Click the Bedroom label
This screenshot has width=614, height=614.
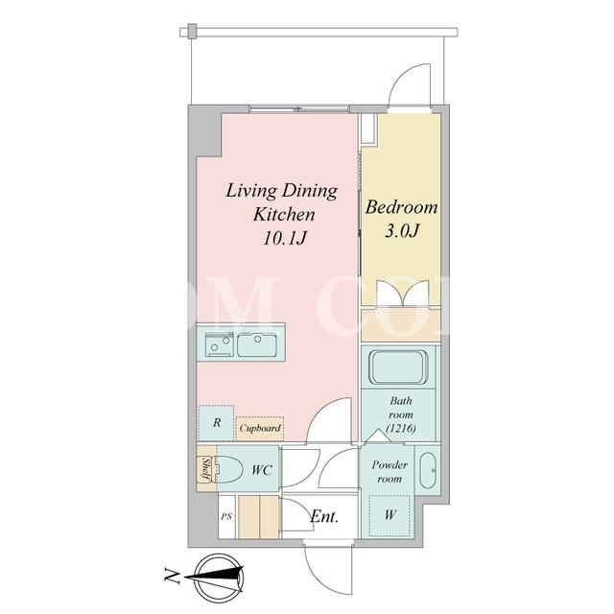(x=401, y=207)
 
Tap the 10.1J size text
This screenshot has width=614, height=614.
(x=284, y=238)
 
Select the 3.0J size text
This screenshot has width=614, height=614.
(x=402, y=230)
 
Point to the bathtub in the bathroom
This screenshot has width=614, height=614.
(x=399, y=367)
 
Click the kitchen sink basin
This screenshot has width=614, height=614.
(x=257, y=344)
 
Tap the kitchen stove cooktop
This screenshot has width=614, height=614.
(x=220, y=344)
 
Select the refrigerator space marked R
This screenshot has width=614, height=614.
(x=217, y=423)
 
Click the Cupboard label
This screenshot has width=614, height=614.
(x=260, y=428)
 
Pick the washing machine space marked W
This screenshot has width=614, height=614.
(x=390, y=515)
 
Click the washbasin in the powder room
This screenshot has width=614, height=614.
(x=427, y=470)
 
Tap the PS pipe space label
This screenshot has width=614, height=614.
(x=226, y=516)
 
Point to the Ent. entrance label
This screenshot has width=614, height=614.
(x=324, y=517)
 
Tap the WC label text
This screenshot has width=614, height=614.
(x=262, y=469)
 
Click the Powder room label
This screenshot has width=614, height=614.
(x=390, y=472)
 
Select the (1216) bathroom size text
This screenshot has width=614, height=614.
(x=401, y=429)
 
